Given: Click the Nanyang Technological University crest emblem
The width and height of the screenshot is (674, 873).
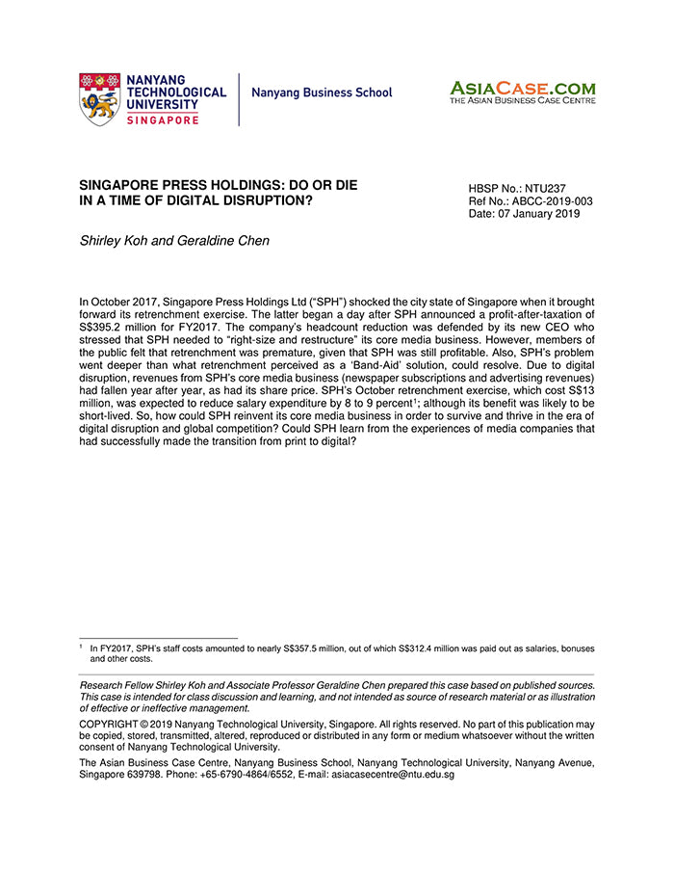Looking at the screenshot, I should click(x=99, y=99).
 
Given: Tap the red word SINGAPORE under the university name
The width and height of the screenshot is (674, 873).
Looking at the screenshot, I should click(x=163, y=119).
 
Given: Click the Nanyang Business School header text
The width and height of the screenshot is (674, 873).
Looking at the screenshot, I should click(x=322, y=93).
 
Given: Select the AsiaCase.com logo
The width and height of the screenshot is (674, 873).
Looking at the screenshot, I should click(x=522, y=88).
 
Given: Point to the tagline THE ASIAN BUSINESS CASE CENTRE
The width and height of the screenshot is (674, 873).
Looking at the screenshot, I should click(x=522, y=100).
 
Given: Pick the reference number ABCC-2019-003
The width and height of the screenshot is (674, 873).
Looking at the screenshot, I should click(x=555, y=201).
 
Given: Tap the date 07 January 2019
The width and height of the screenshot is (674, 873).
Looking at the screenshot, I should click(x=542, y=215).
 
